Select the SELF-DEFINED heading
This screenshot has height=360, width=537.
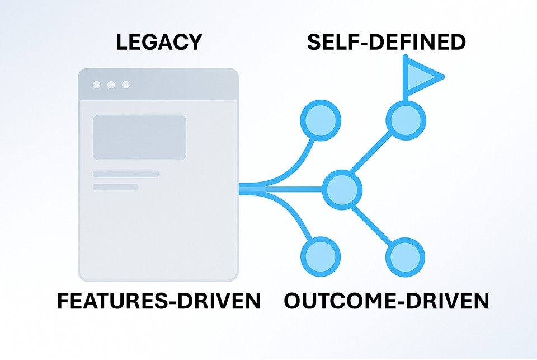pyautogui.click(x=387, y=43)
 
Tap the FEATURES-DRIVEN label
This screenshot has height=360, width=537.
pyautogui.click(x=158, y=302)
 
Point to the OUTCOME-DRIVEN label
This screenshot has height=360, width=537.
pyautogui.click(x=386, y=302)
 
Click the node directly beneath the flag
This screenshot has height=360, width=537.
pyautogui.click(x=406, y=119)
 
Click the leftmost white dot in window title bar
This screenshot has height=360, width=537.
pyautogui.click(x=97, y=85)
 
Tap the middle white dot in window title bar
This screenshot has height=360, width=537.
pyautogui.click(x=111, y=85)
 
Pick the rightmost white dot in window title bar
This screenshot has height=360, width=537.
pyautogui.click(x=126, y=85)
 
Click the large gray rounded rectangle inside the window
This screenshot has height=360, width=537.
pyautogui.click(x=139, y=137)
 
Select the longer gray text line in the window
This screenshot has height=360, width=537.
pyautogui.click(x=126, y=174)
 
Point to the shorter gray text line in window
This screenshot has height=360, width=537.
pyautogui.click(x=115, y=187)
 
